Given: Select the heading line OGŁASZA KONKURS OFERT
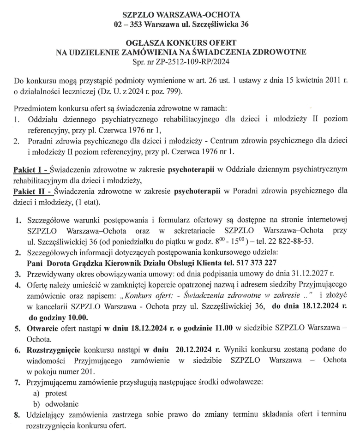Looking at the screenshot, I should (180, 43).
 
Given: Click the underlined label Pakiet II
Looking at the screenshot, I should (30, 191).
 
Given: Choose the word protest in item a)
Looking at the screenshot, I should (56, 393).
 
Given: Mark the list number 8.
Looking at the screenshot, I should (17, 414).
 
